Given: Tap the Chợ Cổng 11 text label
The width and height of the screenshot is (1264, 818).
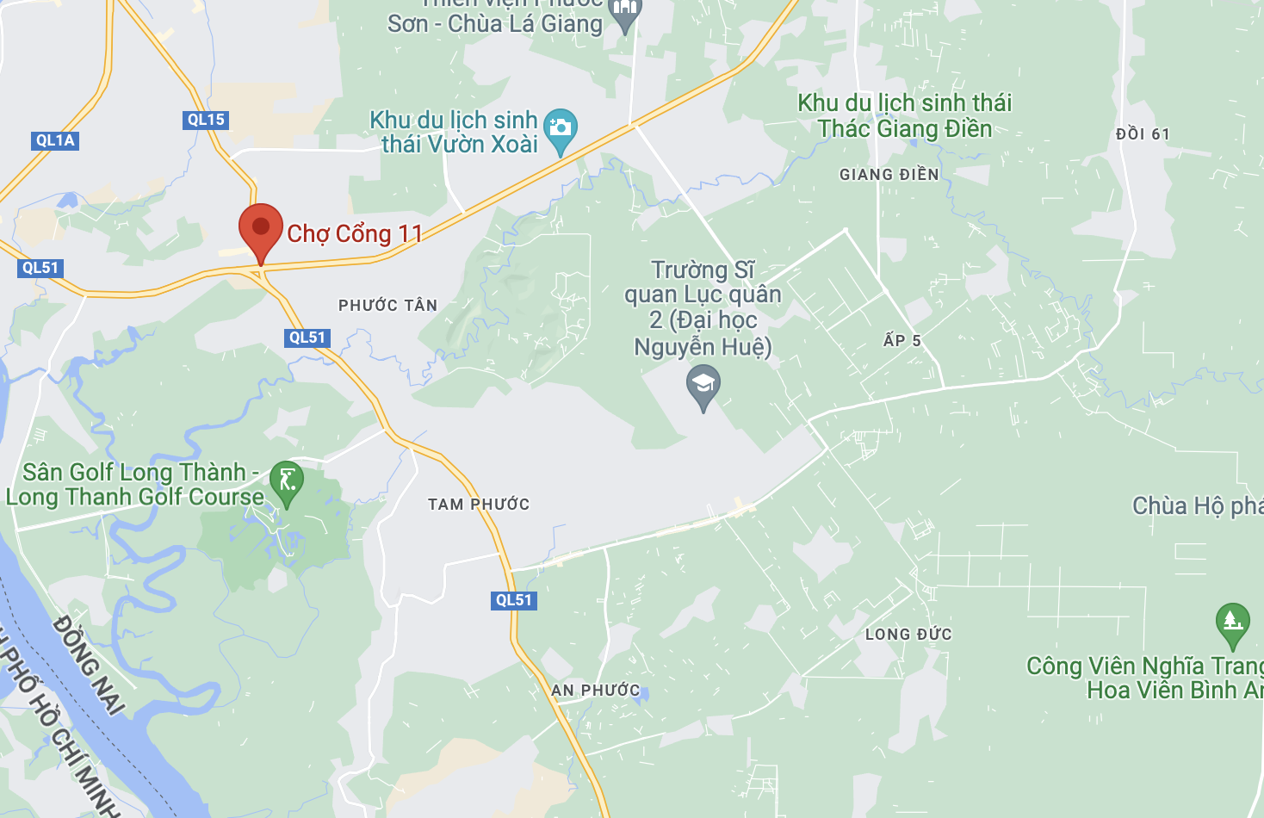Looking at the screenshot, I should pyautogui.click(x=355, y=233).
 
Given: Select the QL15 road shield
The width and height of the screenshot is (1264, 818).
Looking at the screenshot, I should pyautogui.click(x=206, y=120).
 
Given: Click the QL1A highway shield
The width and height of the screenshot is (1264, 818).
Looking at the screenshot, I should pyautogui.click(x=56, y=140).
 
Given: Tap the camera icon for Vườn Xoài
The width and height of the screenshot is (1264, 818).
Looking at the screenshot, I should pyautogui.click(x=561, y=128).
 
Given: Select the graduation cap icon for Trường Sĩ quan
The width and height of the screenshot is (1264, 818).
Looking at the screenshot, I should pyautogui.click(x=703, y=384).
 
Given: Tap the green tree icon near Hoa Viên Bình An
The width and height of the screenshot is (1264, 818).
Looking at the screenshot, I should pyautogui.click(x=1232, y=622).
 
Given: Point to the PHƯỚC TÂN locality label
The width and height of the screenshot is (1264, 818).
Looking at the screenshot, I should pyautogui.click(x=387, y=306).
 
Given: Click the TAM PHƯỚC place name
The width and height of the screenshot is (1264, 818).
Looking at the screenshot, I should pyautogui.click(x=479, y=505).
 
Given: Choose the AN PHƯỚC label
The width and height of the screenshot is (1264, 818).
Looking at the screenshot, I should pyautogui.click(x=596, y=691).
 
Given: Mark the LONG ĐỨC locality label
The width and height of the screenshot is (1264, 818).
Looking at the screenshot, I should pyautogui.click(x=908, y=635).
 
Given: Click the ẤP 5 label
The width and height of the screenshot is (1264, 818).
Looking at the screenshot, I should pyautogui.click(x=902, y=340).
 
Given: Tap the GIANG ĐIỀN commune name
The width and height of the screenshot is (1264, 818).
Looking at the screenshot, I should pyautogui.click(x=889, y=175).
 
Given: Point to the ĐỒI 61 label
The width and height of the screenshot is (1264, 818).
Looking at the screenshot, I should pyautogui.click(x=1143, y=134).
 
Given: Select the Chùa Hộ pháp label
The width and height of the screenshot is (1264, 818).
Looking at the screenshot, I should pyautogui.click(x=1197, y=505).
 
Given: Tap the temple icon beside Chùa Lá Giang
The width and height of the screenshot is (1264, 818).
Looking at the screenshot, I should pyautogui.click(x=625, y=12).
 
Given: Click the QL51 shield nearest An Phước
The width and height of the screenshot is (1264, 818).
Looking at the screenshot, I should pyautogui.click(x=514, y=600).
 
